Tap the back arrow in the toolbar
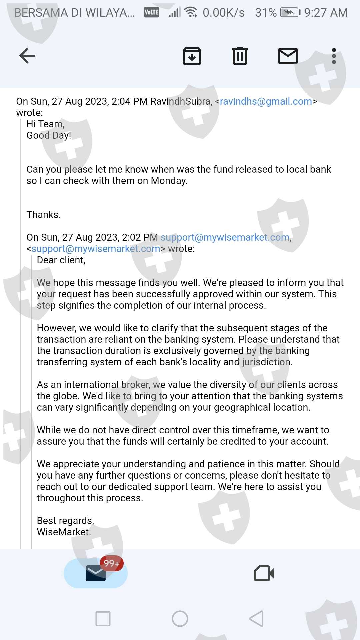point(27,56)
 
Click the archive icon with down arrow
point(192,56)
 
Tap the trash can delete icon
point(240,56)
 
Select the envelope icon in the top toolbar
point(288,56)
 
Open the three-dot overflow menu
point(334,56)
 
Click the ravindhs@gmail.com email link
point(266,101)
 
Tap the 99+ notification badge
point(112,563)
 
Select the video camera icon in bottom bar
point(264,573)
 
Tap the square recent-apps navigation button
point(103,619)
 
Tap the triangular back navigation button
point(257,619)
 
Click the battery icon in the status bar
point(290,13)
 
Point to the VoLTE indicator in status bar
point(151,13)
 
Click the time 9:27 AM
point(326,13)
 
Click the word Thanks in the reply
point(43,215)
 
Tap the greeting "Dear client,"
point(61,260)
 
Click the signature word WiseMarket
point(63,532)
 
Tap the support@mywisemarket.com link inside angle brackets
point(96,249)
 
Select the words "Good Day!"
point(49,135)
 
